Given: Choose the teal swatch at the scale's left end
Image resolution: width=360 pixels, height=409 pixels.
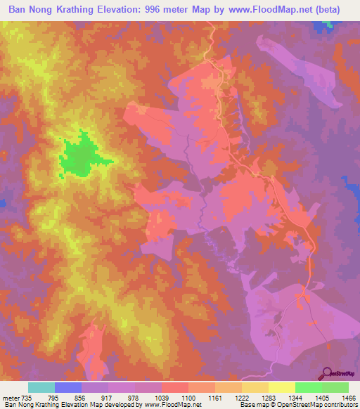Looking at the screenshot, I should (41, 387).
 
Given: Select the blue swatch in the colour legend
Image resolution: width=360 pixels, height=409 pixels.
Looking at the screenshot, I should (68, 387).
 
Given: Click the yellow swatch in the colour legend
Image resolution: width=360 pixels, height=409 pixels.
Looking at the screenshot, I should (281, 387).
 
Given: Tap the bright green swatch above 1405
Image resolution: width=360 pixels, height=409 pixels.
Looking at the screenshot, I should (308, 387).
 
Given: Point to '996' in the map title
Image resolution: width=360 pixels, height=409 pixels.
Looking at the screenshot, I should (165, 10).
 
